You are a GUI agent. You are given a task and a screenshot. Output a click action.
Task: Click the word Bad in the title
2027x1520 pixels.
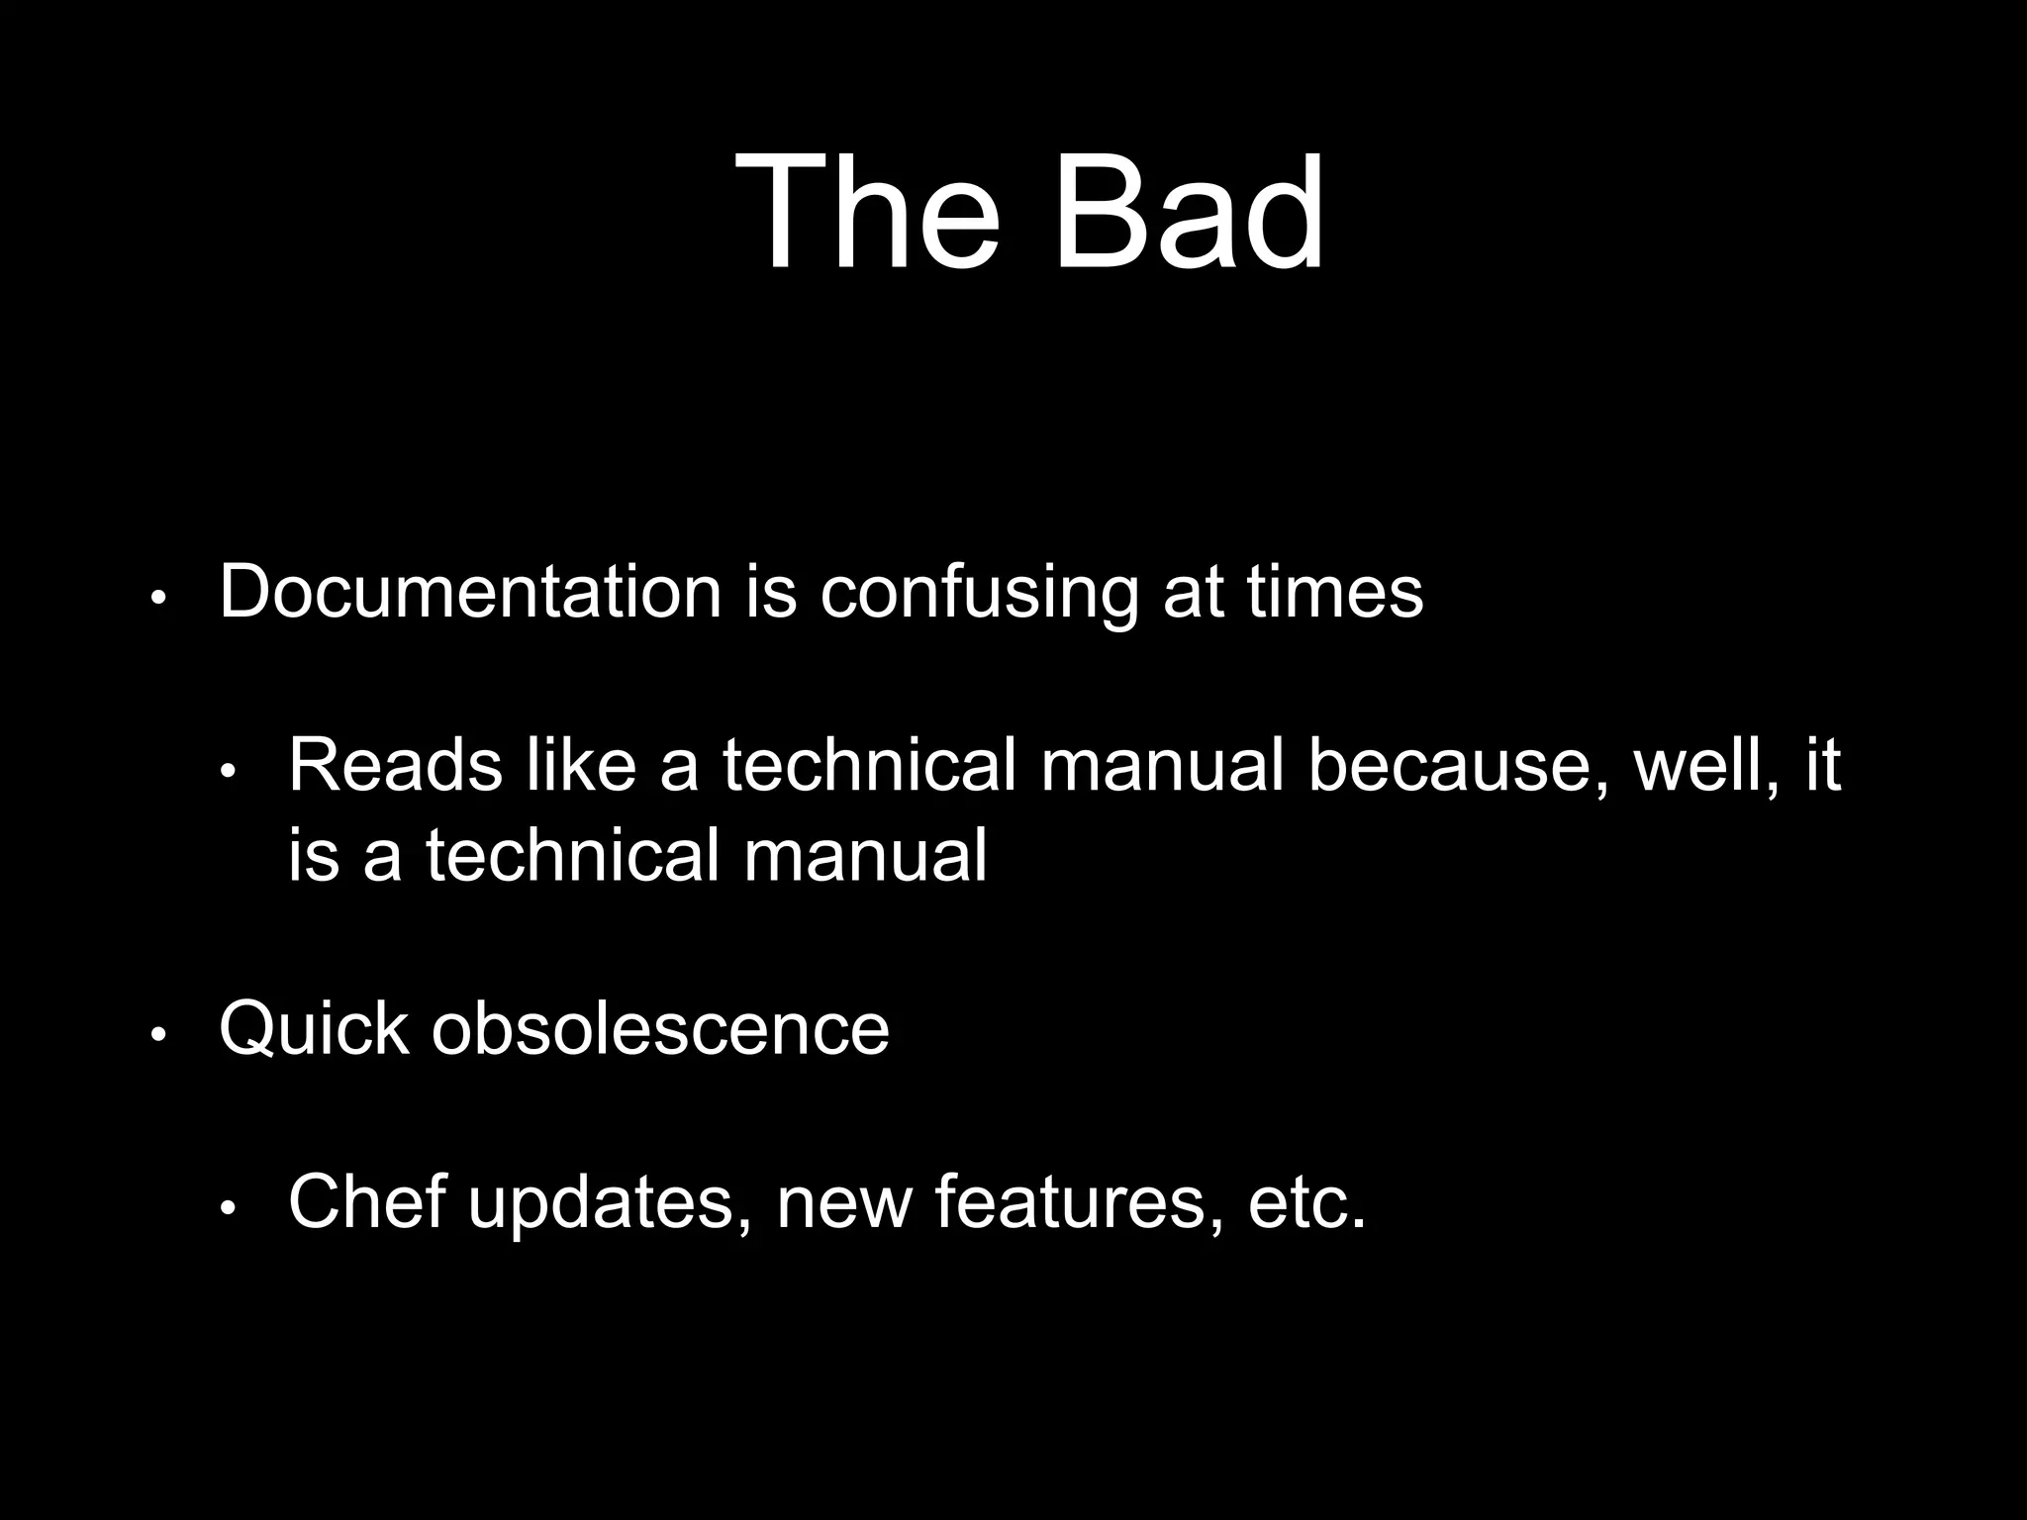tap(1188, 212)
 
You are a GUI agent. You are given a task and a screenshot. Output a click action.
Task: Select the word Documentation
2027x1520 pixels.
tap(470, 592)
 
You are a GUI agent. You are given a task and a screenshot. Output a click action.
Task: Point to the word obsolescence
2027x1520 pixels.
tap(660, 1029)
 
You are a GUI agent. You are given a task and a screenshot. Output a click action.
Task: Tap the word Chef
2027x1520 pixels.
tap(366, 1200)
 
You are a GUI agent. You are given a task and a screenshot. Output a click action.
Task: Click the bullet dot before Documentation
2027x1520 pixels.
tap(158, 599)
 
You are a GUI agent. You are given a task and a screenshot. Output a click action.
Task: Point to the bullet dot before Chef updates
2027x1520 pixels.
tap(228, 1208)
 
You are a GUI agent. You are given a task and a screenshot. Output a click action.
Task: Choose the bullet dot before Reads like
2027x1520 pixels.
tap(228, 772)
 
